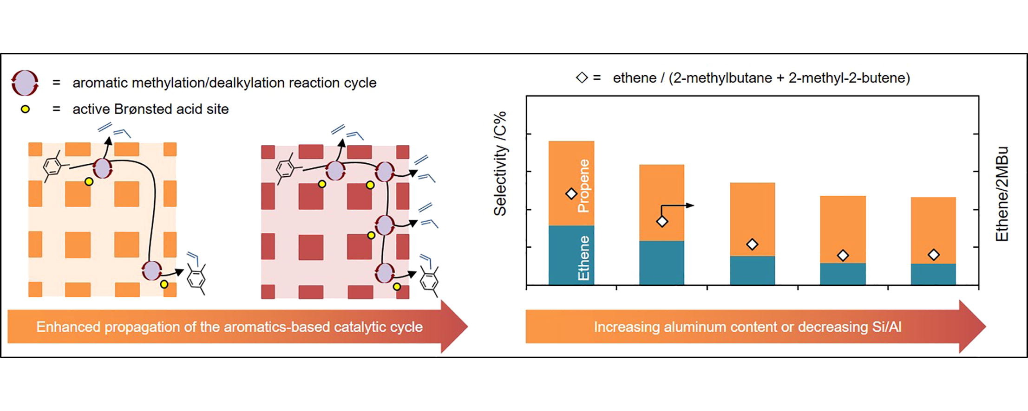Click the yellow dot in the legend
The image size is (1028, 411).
click(x=25, y=109)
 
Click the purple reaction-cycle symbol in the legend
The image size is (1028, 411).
click(x=25, y=83)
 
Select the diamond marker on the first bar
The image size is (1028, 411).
click(x=571, y=193)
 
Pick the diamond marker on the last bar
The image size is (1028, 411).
click(x=934, y=255)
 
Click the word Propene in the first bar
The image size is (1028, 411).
click(x=583, y=186)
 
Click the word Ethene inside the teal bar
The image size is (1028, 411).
click(x=583, y=258)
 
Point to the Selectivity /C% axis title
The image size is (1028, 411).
click(x=500, y=164)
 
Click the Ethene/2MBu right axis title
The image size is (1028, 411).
click(x=1002, y=194)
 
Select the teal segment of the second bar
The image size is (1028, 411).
click(x=661, y=263)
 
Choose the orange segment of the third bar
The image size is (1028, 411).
click(x=753, y=219)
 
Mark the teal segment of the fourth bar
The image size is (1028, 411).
click(x=843, y=274)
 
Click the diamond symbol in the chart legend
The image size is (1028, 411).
click(x=582, y=77)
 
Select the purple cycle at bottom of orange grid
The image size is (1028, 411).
click(x=151, y=270)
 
